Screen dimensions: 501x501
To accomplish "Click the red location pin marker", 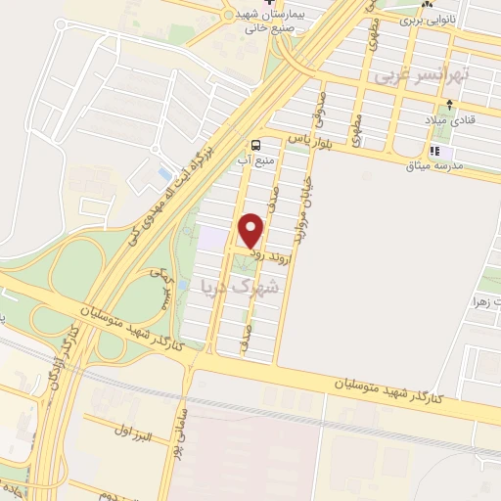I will pos(252,230).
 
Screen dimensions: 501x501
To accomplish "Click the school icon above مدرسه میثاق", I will pos(436,151).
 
